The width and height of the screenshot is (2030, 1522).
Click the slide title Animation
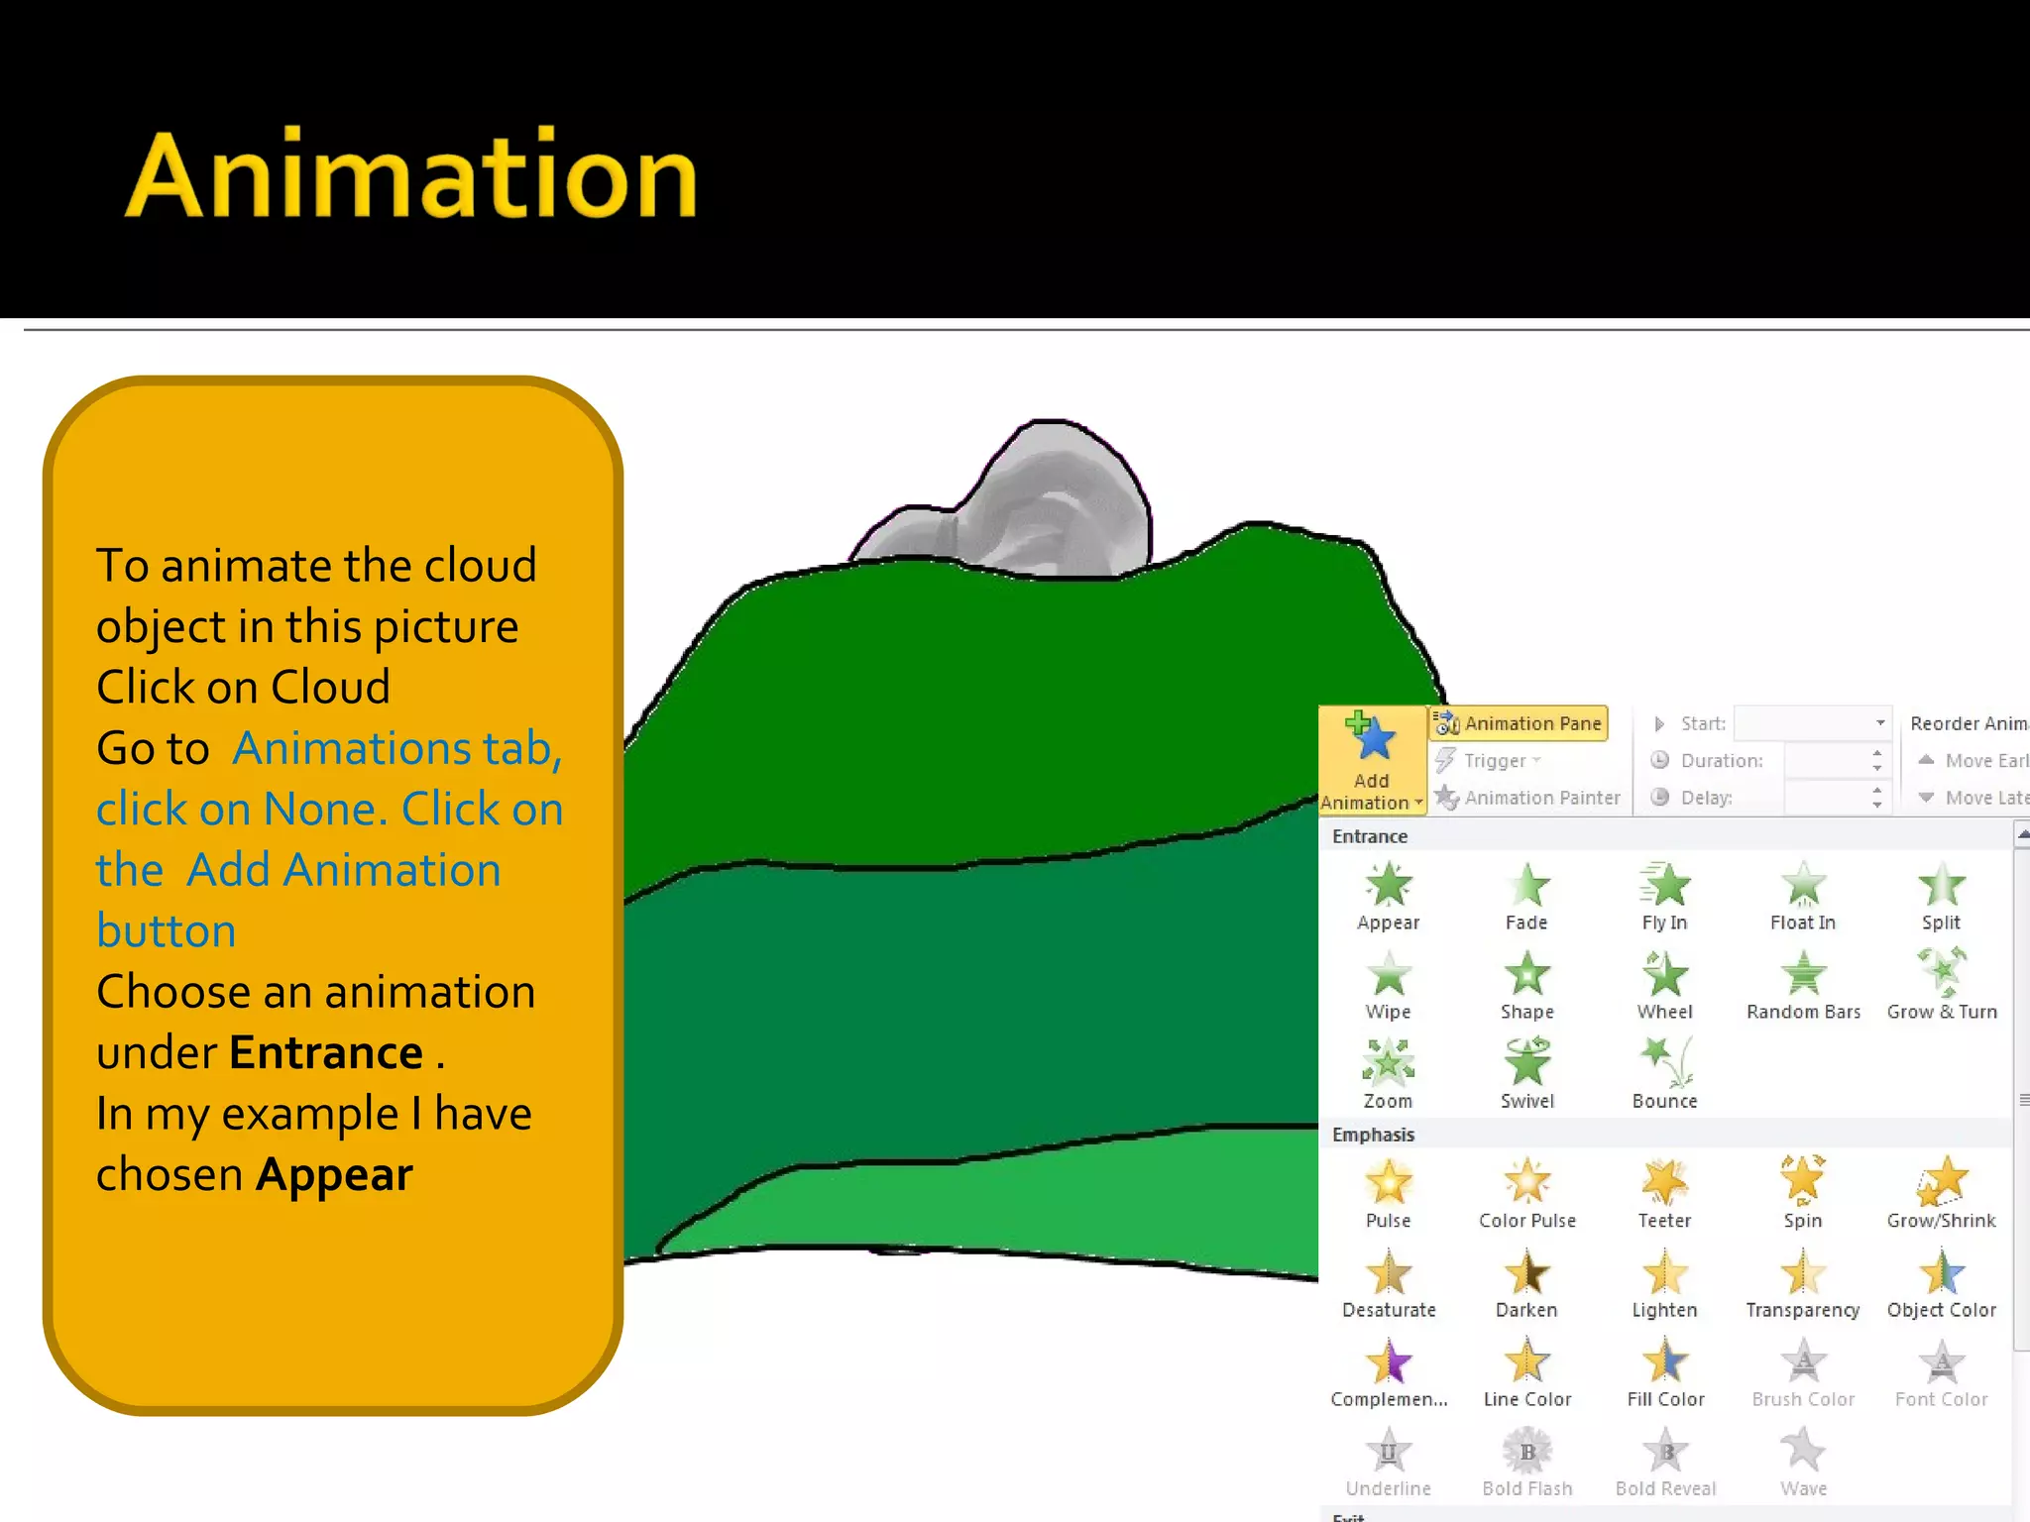(411, 175)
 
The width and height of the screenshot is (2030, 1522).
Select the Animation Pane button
(1519, 723)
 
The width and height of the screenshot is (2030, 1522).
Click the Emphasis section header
(1373, 1135)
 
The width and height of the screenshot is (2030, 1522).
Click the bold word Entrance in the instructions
(326, 1052)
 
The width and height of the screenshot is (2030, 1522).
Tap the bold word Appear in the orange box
(334, 1175)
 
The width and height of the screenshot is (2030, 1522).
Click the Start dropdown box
(1812, 723)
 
